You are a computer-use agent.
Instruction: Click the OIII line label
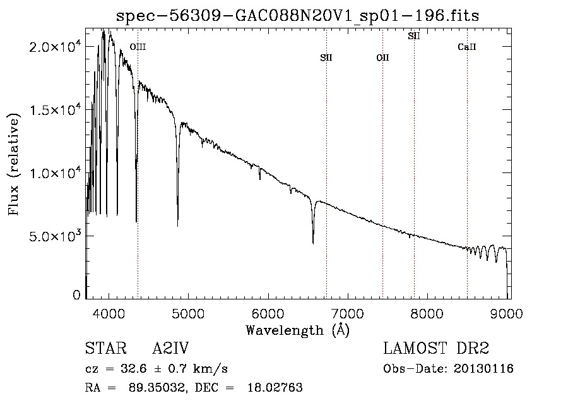[x=138, y=47]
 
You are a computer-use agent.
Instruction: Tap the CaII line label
[x=467, y=47]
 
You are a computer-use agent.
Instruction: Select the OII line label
[x=382, y=58]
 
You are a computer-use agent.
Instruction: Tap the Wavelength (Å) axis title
[x=297, y=330]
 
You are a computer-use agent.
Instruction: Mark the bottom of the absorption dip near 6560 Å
[x=313, y=243]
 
